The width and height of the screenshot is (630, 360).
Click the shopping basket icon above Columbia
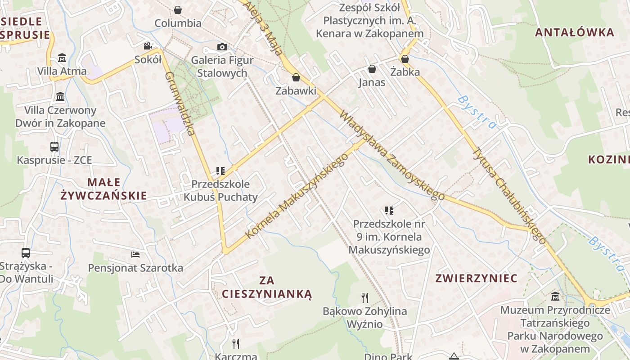[x=178, y=9]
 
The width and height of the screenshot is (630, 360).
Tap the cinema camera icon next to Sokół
[x=148, y=46]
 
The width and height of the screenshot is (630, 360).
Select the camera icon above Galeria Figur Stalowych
[x=222, y=47]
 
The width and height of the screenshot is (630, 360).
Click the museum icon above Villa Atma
[x=62, y=58]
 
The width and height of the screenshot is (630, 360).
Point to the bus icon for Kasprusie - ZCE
[x=54, y=147]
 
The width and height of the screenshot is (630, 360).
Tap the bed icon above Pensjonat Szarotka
[x=135, y=255]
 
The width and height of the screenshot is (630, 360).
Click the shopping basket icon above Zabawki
[x=296, y=77]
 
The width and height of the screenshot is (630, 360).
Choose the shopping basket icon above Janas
[x=372, y=69]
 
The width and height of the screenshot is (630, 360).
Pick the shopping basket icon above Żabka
[x=405, y=59]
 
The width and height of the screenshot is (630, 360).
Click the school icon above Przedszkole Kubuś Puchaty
[x=220, y=171]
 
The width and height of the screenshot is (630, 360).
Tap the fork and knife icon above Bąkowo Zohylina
[x=365, y=297]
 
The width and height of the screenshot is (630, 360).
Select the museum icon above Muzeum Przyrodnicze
[x=555, y=297]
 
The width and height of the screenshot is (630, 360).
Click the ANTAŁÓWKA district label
[x=575, y=32]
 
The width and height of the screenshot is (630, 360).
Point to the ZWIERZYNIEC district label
[x=476, y=278]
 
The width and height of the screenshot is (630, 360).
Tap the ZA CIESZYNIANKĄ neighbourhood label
[x=267, y=288]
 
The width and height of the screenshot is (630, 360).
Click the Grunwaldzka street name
[x=180, y=103]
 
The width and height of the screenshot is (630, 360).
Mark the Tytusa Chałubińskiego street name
[x=508, y=196]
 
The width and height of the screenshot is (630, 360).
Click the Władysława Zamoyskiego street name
[x=391, y=155]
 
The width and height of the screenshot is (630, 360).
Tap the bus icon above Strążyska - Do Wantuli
[x=26, y=253]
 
